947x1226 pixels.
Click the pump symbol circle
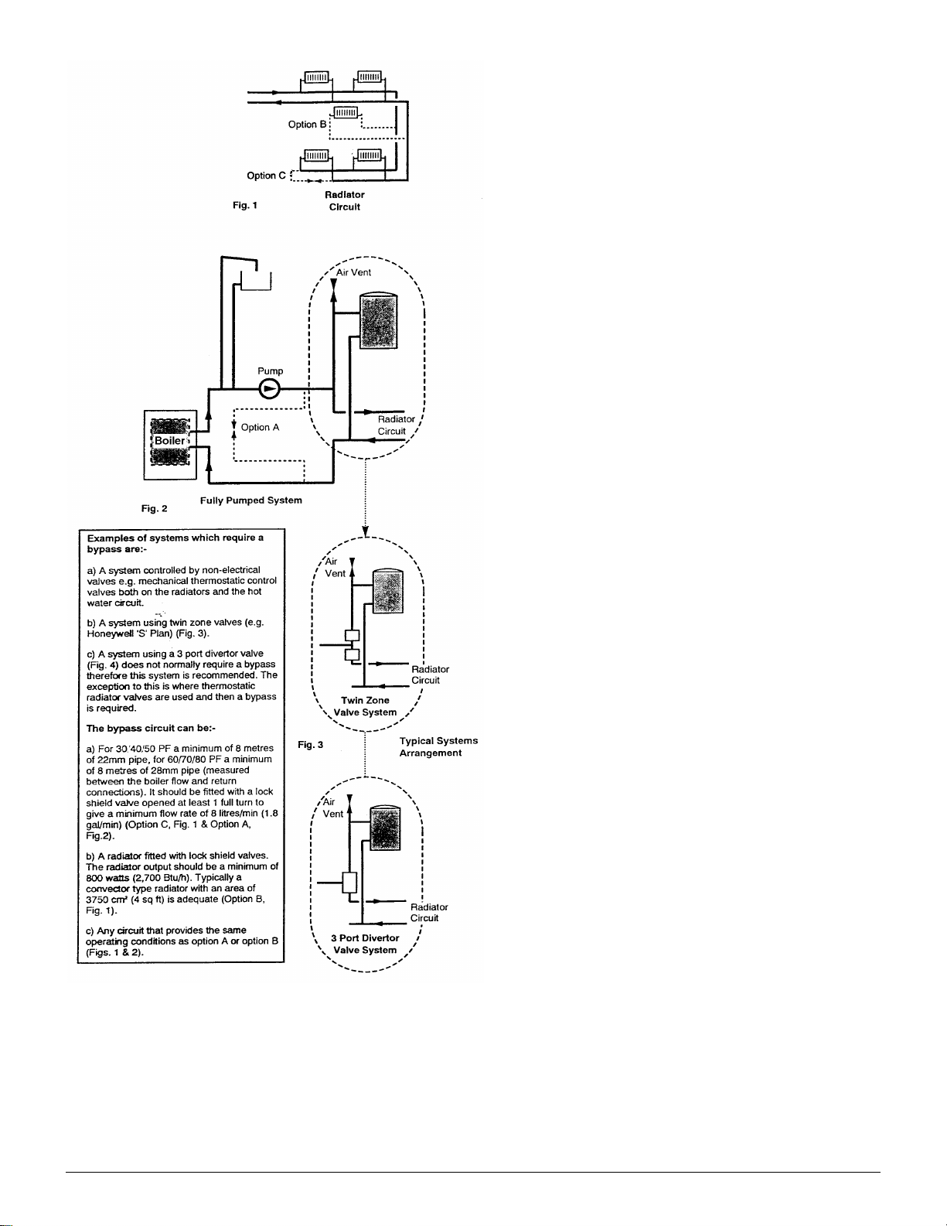tap(270, 389)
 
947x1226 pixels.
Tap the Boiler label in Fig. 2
tap(169, 441)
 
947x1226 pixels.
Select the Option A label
tap(260, 427)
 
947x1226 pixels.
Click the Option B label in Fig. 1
tap(307, 124)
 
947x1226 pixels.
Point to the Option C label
tap(266, 176)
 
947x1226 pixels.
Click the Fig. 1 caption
tap(244, 206)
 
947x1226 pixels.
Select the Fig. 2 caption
tap(154, 508)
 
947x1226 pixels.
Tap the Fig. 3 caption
tap(311, 745)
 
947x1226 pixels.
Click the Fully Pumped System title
tap(250, 500)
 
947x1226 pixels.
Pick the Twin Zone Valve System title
tap(365, 705)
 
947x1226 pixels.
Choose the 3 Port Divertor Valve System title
tap(365, 944)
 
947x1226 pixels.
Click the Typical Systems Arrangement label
tap(438, 746)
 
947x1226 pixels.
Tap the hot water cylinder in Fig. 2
tap(378, 320)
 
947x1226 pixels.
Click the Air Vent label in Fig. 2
tap(353, 272)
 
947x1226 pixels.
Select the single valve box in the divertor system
tap(349, 883)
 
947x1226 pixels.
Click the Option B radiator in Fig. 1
tap(346, 112)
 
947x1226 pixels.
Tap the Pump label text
tap(270, 371)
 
